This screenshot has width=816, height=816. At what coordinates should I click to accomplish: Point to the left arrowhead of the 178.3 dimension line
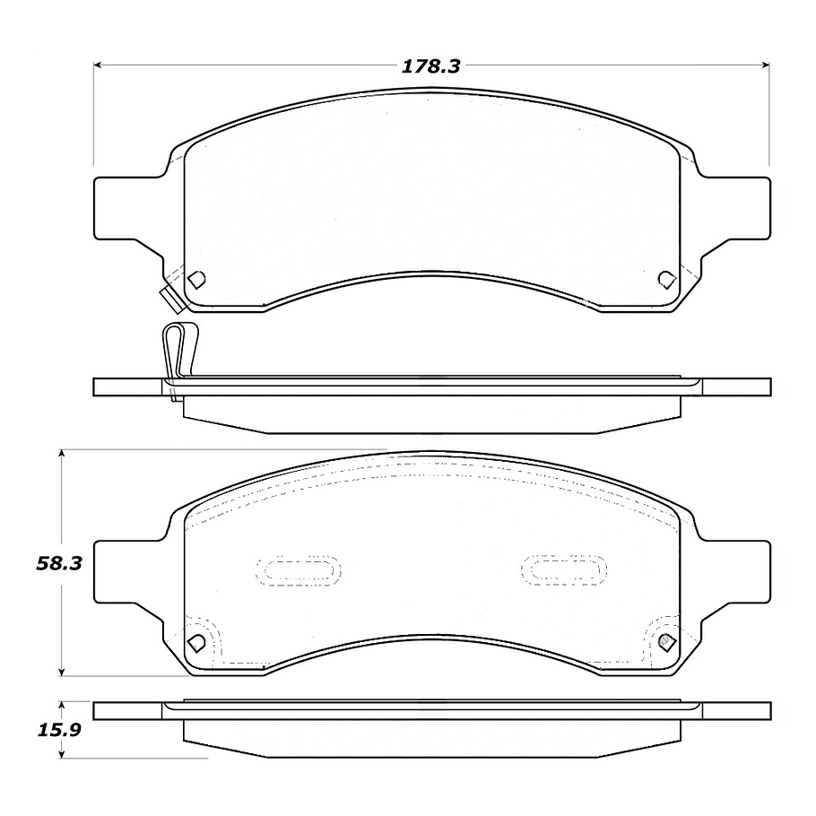pos(100,65)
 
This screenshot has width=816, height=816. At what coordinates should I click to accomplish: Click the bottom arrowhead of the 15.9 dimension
pos(61,752)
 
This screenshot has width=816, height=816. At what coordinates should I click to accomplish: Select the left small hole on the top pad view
pos(197,279)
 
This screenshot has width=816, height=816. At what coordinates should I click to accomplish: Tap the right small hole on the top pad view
pos(665,279)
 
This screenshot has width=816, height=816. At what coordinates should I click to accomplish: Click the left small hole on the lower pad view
pos(196,642)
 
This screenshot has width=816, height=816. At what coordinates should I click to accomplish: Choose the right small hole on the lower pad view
pos(665,641)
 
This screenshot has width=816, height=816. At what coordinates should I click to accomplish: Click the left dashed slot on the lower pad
pos(298,569)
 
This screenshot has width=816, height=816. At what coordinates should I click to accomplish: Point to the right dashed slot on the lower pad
pos(565,568)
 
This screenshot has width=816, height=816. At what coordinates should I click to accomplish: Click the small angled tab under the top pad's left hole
pos(169,297)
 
